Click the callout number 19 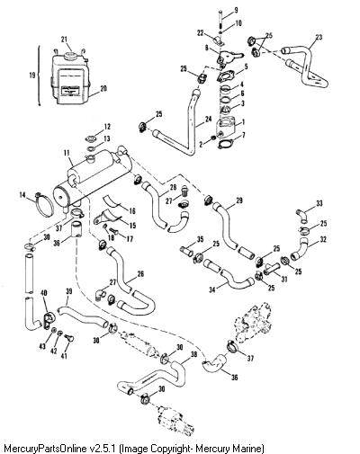(x=32, y=75)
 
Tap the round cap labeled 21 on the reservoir (x=70, y=56)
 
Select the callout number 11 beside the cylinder (x=67, y=154)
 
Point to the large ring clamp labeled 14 (x=44, y=205)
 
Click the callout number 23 (x=319, y=37)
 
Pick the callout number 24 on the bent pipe (x=208, y=120)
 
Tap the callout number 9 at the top (x=236, y=11)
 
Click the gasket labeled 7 (x=224, y=145)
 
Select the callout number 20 (x=103, y=89)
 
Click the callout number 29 (x=239, y=200)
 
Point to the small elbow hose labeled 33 (x=301, y=217)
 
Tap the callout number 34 (x=212, y=290)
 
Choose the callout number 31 (x=283, y=279)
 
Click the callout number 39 (x=69, y=291)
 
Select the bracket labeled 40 (x=48, y=321)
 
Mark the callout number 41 (x=64, y=356)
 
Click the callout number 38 (x=194, y=354)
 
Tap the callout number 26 (x=140, y=274)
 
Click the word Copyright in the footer (x=172, y=449)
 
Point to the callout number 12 (x=107, y=127)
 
